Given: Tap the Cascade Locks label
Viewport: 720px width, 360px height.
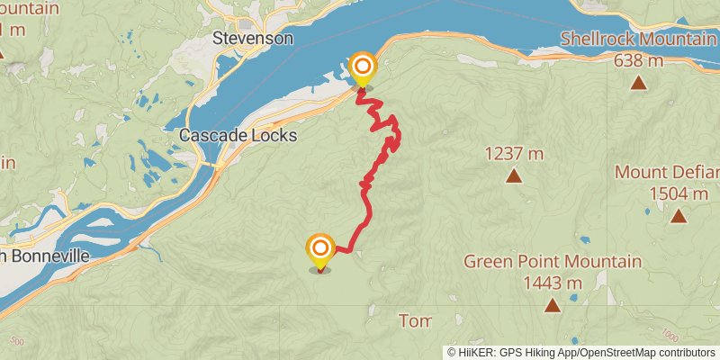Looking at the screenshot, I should click(238, 135).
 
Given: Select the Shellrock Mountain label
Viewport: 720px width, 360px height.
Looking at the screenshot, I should click(638, 40).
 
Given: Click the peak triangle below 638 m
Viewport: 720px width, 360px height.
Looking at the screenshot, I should click(638, 84).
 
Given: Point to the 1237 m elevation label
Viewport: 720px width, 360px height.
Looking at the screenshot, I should click(514, 153).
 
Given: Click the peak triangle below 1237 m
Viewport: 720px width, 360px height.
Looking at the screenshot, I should click(514, 175).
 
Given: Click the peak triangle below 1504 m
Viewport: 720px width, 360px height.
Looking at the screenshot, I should click(677, 216).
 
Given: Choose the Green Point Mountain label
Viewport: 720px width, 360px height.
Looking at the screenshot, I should click(553, 262).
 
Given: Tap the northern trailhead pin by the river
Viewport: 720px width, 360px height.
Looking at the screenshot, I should click(363, 67).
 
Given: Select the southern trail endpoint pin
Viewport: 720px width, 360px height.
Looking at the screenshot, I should click(319, 248).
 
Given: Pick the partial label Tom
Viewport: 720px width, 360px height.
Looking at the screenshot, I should click(415, 321).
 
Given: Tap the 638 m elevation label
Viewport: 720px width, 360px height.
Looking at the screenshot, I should click(638, 61).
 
